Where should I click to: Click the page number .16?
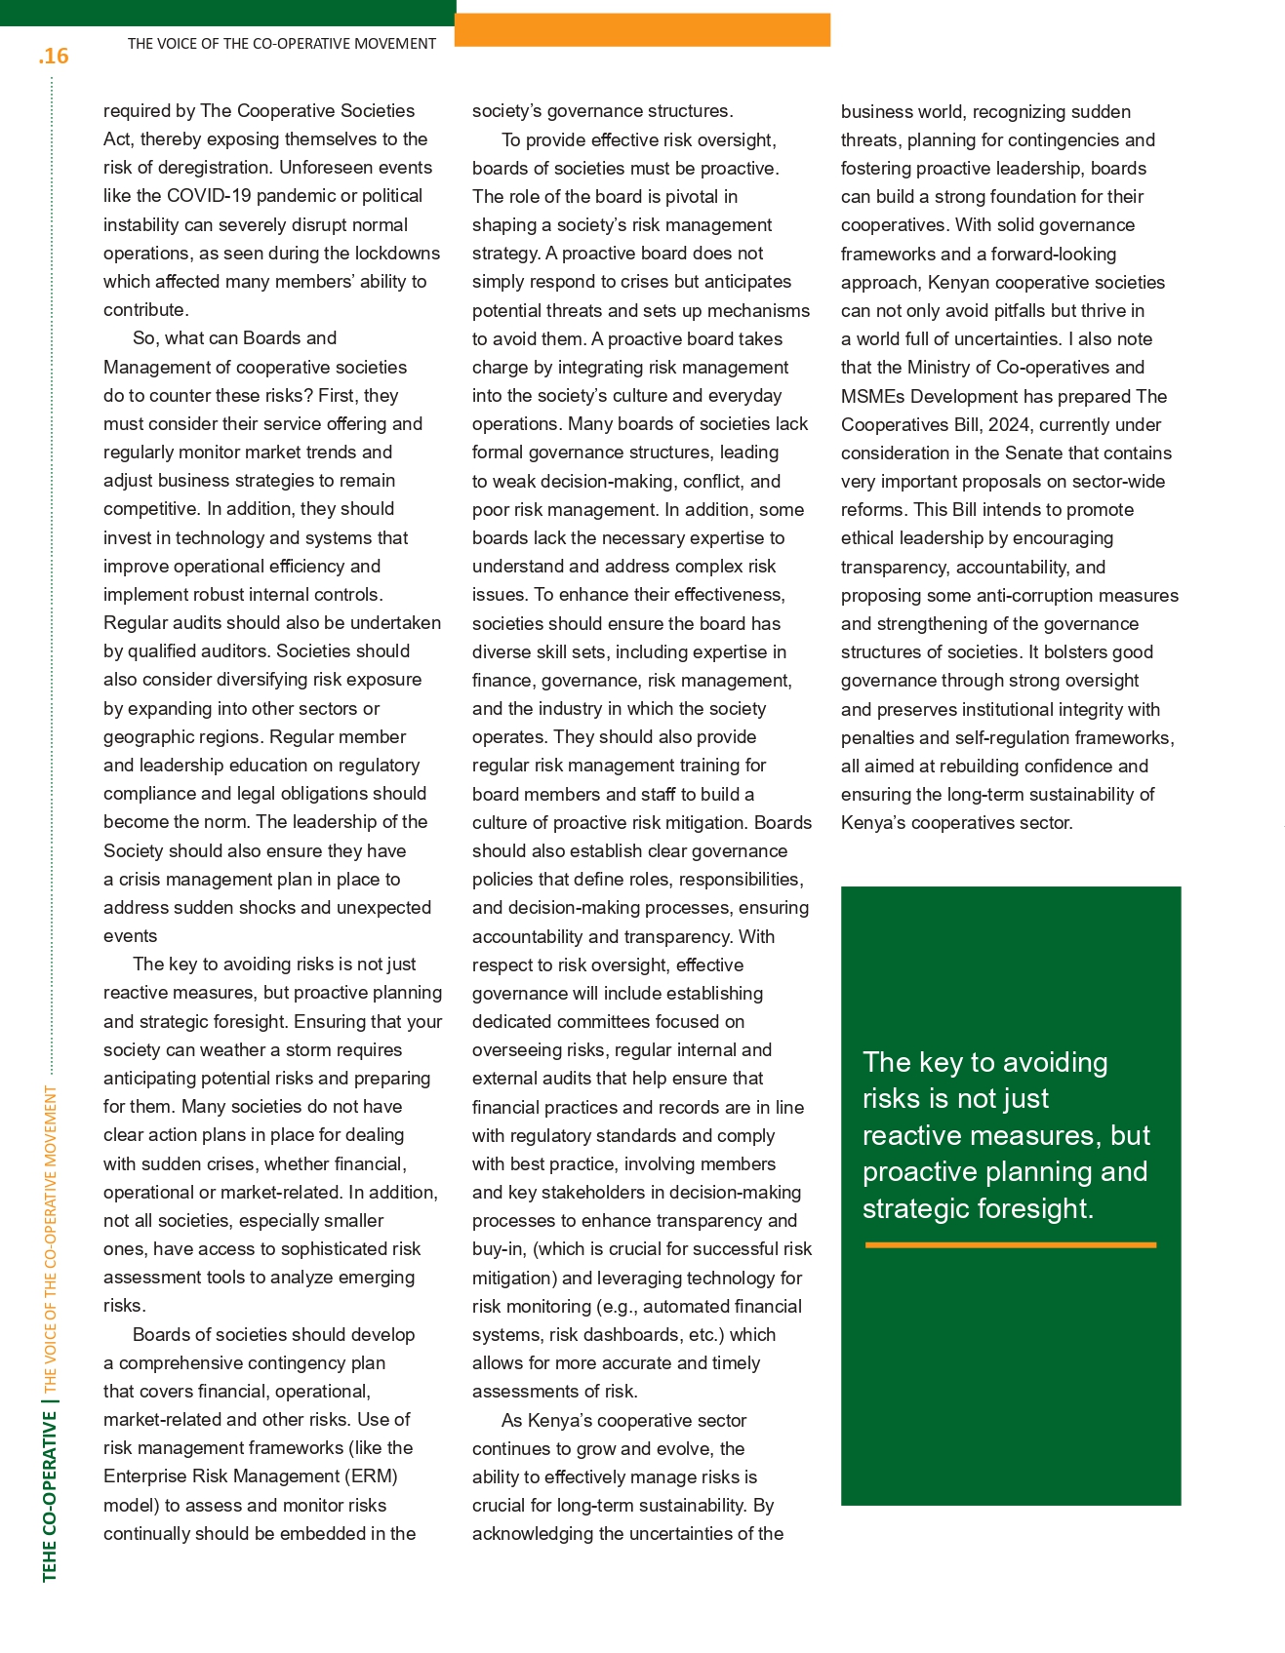pyautogui.click(x=54, y=57)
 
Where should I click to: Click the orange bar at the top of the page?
pyautogui.click(x=642, y=30)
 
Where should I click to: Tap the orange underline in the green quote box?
pyautogui.click(x=1010, y=1245)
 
